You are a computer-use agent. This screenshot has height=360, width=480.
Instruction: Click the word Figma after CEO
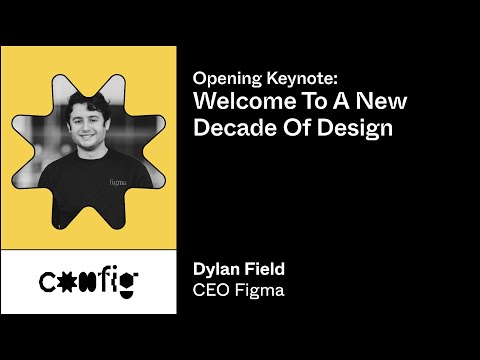[x=261, y=290]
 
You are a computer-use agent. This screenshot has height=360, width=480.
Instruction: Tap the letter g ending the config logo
[x=127, y=287]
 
